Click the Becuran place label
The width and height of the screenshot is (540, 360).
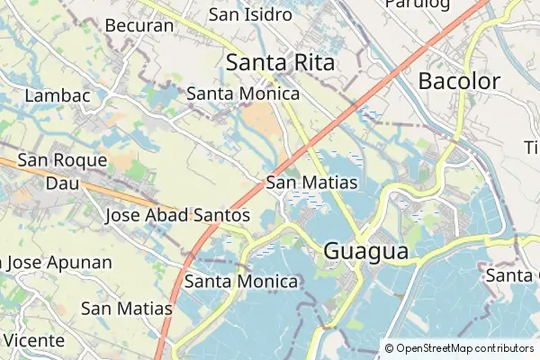139,25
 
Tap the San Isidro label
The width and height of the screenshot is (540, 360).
250,14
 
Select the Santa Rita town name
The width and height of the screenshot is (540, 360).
280,62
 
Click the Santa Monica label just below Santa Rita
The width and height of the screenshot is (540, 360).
243,94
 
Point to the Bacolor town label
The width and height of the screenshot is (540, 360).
459,81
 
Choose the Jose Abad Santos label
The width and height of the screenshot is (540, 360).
177,215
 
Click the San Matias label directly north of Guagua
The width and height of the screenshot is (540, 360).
312,183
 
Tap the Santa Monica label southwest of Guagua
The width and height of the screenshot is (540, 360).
241,282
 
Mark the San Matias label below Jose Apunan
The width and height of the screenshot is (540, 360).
126,308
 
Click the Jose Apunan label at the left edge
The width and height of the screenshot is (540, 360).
57,263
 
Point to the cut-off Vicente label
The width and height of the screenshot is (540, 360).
33,340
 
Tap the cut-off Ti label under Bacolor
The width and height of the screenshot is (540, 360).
532,147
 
